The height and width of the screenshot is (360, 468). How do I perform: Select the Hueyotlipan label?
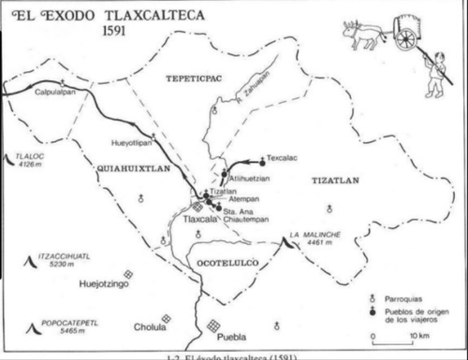pyautogui.click(x=130, y=145)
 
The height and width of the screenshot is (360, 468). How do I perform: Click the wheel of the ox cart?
pyautogui.click(x=406, y=39)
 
